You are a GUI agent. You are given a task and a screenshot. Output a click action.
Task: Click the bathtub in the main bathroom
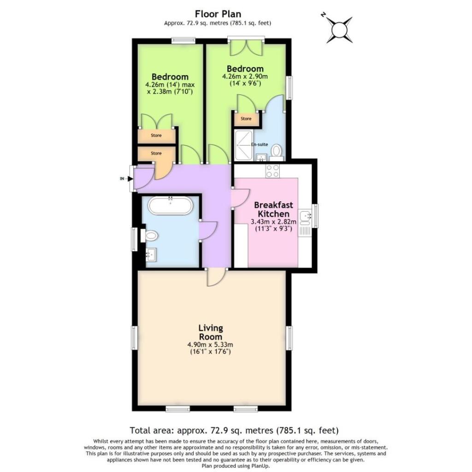pos(171,206)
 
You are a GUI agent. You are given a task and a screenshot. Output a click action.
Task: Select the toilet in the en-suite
pos(276,151)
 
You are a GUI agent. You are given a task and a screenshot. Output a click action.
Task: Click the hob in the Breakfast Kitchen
pos(272,171)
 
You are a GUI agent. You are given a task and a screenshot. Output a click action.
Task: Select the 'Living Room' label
pos(211,332)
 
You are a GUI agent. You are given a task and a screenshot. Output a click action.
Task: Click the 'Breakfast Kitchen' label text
pos(273,209)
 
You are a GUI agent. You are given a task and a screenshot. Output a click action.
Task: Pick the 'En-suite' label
pos(260,145)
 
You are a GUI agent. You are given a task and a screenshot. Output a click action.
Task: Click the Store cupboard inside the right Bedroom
pos(246,119)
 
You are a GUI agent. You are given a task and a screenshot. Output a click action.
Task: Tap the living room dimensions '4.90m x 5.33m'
pos(211,344)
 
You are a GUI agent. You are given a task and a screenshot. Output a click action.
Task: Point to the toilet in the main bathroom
pos(150,236)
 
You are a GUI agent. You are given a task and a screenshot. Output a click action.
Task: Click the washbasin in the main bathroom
pos(151,254)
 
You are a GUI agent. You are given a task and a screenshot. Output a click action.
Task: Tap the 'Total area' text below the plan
pos(235,431)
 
